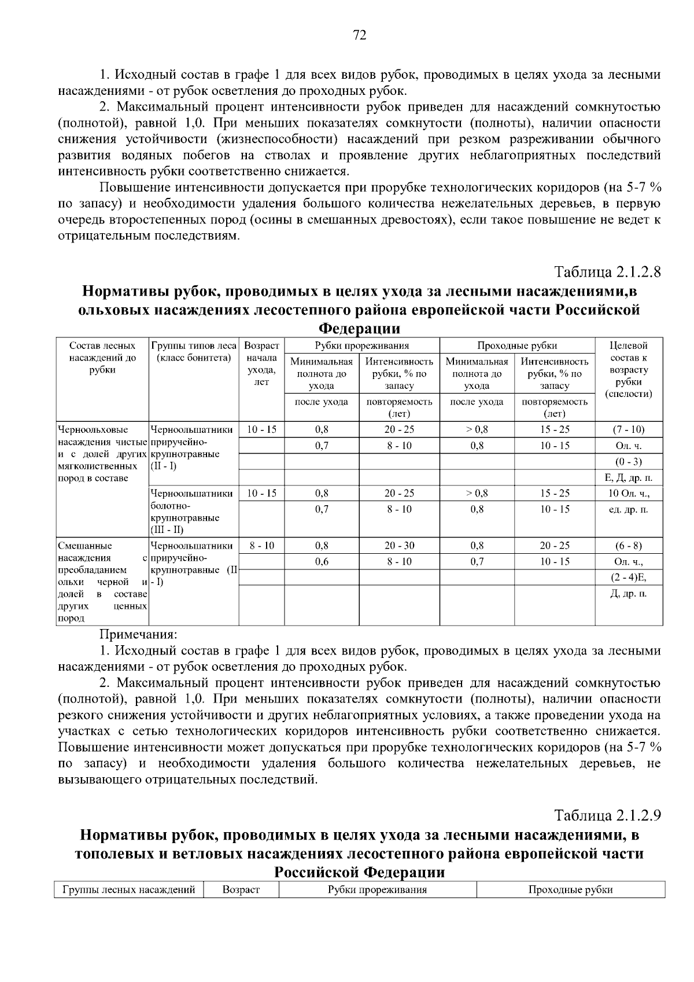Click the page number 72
(x=359, y=36)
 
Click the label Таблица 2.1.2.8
(x=607, y=271)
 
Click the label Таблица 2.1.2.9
(x=607, y=815)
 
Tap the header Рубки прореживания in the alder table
(x=362, y=346)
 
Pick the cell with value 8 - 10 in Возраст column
(x=262, y=546)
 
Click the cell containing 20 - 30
(x=399, y=546)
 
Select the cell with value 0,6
(x=322, y=562)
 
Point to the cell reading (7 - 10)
(x=629, y=429)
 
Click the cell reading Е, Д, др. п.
(x=629, y=477)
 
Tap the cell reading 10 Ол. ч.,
(x=629, y=494)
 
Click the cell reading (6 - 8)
(x=629, y=546)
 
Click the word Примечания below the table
(x=139, y=635)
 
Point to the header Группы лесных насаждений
(x=129, y=890)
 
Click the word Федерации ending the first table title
(x=359, y=329)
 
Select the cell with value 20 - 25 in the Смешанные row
(x=555, y=546)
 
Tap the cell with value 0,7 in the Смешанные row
(x=477, y=562)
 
